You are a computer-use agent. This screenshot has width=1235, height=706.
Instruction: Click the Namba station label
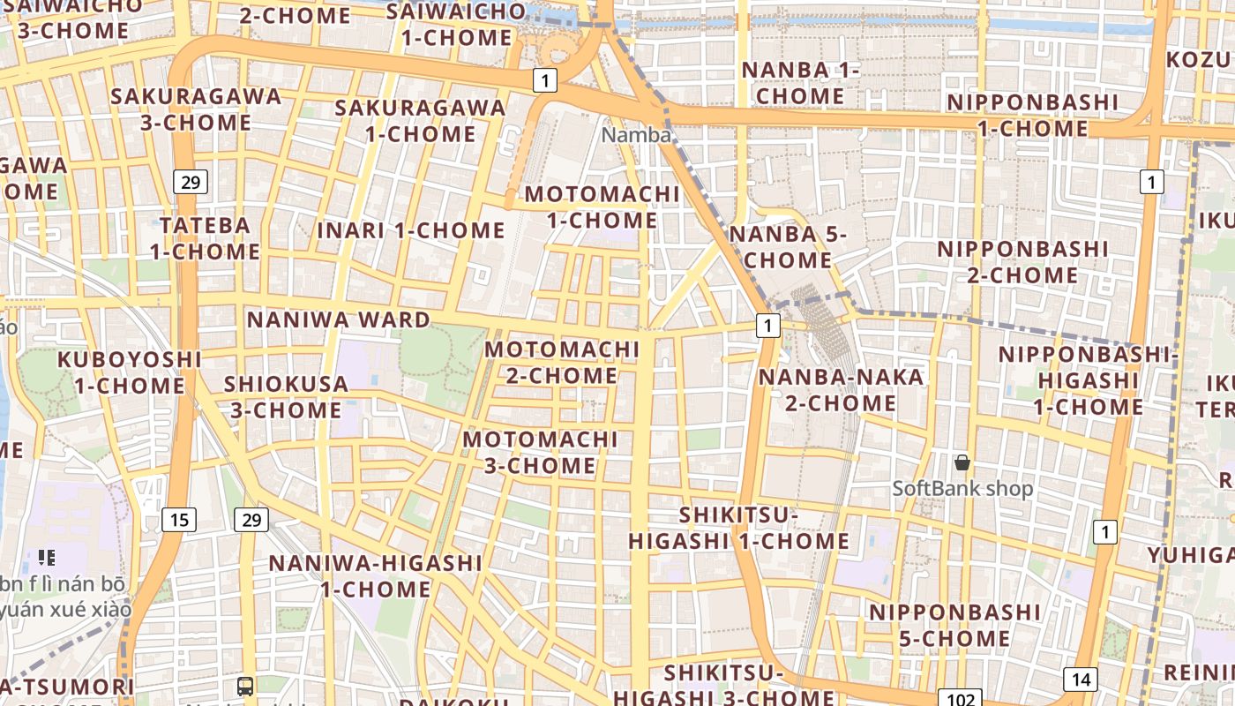[636, 135]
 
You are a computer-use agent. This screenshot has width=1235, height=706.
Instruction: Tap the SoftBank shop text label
[962, 488]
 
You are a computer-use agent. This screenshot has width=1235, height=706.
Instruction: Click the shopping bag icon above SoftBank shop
[962, 462]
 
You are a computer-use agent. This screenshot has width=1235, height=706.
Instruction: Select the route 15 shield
[179, 520]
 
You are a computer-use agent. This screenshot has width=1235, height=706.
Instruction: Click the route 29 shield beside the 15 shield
[251, 520]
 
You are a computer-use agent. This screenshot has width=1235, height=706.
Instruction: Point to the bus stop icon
[245, 687]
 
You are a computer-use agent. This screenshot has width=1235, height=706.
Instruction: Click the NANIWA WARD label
[338, 319]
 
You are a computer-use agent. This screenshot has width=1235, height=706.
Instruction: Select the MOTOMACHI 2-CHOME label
[562, 363]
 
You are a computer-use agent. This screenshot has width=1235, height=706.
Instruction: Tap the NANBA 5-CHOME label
[787, 247]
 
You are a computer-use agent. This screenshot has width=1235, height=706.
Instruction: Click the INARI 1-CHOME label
[411, 231]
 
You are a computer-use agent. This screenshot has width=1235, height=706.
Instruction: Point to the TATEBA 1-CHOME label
[205, 238]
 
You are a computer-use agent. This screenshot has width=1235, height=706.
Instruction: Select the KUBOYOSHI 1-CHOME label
[130, 372]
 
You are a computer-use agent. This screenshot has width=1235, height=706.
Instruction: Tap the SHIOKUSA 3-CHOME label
[286, 397]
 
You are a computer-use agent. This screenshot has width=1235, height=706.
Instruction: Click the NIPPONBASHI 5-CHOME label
[954, 625]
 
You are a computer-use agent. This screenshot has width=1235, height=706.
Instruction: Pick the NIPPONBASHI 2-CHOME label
[1022, 262]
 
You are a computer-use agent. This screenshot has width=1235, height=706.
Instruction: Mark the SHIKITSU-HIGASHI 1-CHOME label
[739, 528]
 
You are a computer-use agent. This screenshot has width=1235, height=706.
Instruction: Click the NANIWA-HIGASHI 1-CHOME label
[375, 575]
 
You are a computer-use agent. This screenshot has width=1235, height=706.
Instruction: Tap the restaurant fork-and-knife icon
[47, 557]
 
